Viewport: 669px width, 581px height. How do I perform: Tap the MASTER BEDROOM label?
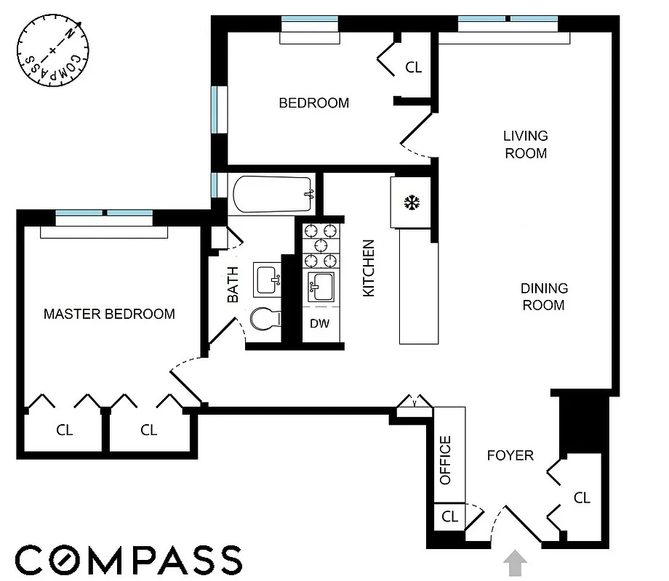coord(109,314)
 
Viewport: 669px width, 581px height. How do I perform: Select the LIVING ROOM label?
coord(525,145)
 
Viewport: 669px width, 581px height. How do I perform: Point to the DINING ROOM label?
coord(543,297)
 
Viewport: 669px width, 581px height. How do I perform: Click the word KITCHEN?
coord(369,268)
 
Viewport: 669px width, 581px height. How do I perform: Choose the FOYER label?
coord(510,455)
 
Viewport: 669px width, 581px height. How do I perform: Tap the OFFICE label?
coord(446,460)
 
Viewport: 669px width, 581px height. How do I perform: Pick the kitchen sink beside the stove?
coord(321,288)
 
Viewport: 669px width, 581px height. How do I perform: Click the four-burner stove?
coord(321,246)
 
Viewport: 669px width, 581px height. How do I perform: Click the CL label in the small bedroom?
coord(413,68)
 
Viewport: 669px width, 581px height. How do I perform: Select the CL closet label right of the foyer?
coord(582,498)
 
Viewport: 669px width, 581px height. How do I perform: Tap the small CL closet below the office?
coord(449,517)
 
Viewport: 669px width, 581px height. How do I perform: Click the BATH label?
coord(232,285)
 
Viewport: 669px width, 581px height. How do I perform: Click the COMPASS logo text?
coord(128,561)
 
